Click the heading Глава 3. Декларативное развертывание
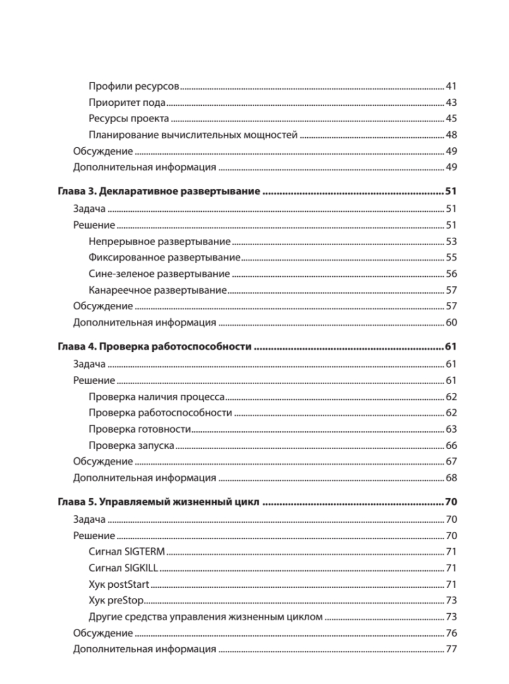click(159, 192)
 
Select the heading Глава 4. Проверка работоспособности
click(155, 347)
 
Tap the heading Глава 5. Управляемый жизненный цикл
click(158, 502)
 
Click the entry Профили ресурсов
click(134, 87)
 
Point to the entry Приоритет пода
click(127, 103)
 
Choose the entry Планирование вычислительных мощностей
click(193, 135)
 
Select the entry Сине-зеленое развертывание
click(159, 274)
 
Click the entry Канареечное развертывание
click(157, 290)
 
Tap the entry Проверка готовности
click(140, 429)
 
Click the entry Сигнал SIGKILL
click(123, 568)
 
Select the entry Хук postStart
click(119, 584)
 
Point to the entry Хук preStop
click(116, 600)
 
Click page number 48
click(451, 135)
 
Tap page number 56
click(451, 274)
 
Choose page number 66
click(451, 445)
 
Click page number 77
click(451, 649)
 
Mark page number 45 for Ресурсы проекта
click(451, 119)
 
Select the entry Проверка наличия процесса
click(157, 397)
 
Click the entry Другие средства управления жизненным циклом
click(206, 617)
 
